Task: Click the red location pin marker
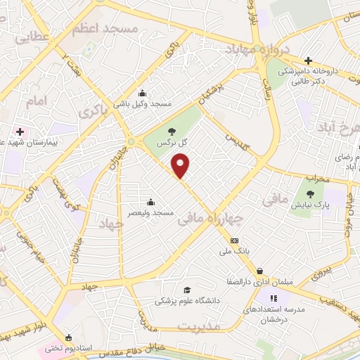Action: (x=181, y=167)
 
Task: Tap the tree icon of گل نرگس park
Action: (x=172, y=131)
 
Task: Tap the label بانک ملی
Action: (x=235, y=250)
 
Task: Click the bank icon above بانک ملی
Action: (x=235, y=240)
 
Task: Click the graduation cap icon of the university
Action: (x=186, y=290)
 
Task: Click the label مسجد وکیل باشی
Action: (x=143, y=103)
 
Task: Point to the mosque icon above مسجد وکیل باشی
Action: (x=143, y=94)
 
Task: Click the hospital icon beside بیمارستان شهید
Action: (x=19, y=131)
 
